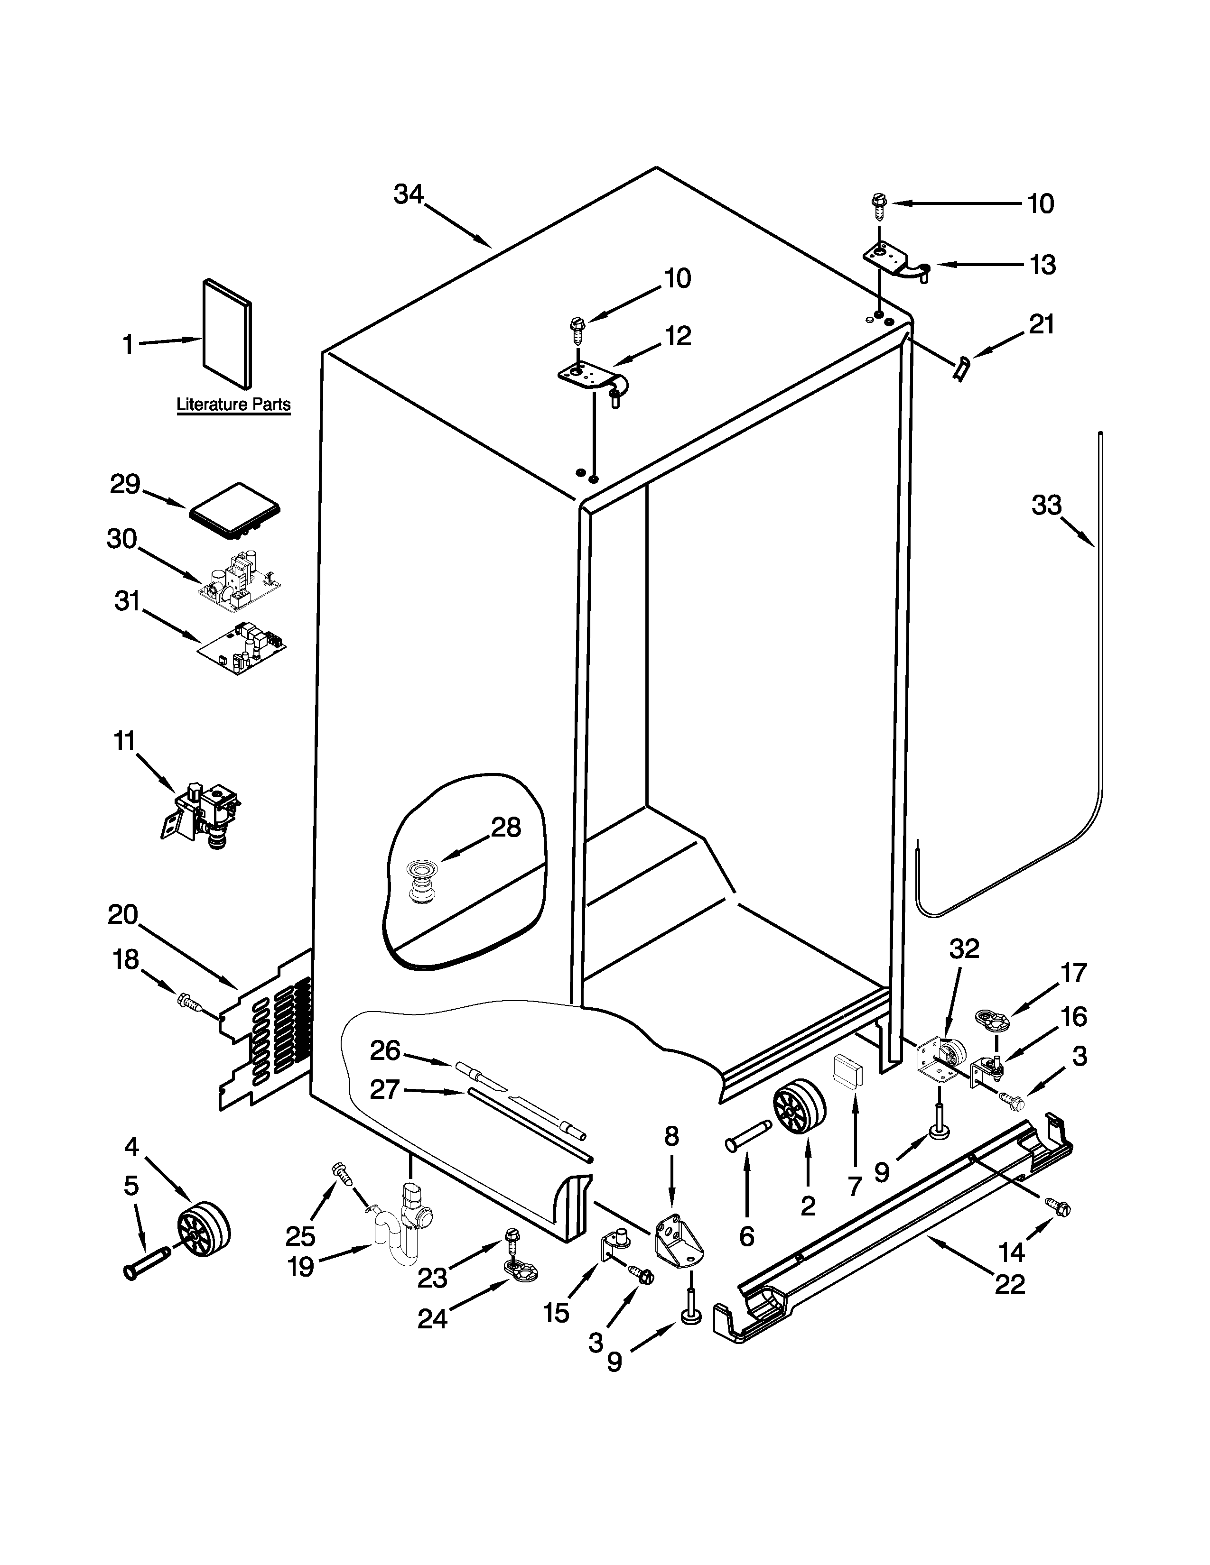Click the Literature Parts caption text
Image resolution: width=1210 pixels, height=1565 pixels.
click(x=233, y=405)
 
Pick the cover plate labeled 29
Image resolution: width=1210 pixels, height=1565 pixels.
click(x=235, y=510)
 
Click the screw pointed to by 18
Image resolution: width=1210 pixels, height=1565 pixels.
click(x=190, y=1000)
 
